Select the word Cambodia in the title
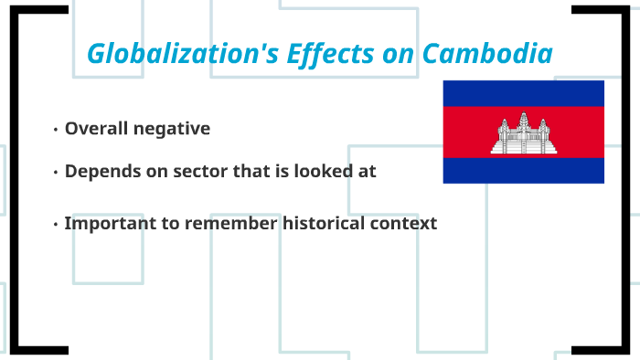click(x=487, y=54)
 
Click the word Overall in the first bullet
click(x=96, y=129)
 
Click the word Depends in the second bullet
click(x=100, y=171)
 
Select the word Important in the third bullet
click(x=105, y=223)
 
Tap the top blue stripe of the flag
click(x=524, y=93)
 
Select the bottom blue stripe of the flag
click(x=524, y=170)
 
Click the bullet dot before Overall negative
click(x=56, y=130)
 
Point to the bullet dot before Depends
click(x=56, y=172)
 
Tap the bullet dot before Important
click(x=56, y=224)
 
